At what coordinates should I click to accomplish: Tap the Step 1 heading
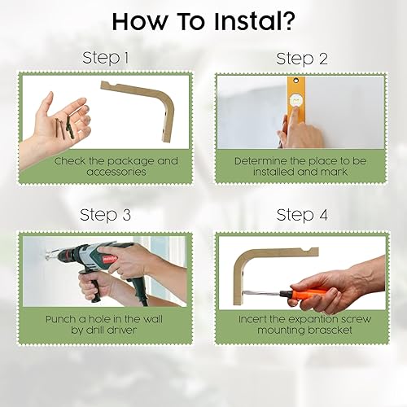tap(107, 59)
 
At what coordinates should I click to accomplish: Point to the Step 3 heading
tap(107, 215)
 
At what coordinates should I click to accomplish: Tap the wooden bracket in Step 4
tap(248, 269)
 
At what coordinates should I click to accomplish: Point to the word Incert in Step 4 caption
tap(256, 319)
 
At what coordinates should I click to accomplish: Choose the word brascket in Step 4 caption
tap(330, 331)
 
